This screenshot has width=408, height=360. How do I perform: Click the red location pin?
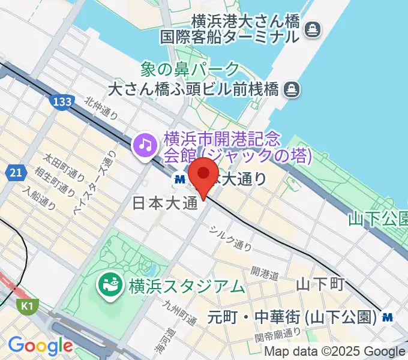point(203,175)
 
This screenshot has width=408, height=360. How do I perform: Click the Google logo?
point(40,346)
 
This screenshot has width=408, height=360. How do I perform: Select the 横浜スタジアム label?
point(187,286)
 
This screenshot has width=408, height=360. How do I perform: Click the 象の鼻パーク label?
point(190,70)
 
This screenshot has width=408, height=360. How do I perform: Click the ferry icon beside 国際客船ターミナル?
point(312,28)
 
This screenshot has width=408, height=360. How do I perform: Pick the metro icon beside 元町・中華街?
point(389,316)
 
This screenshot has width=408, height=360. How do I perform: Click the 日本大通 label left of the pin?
point(164,204)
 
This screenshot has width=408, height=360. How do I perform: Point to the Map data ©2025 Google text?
point(335,352)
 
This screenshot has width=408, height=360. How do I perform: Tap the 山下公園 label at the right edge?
point(378,218)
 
